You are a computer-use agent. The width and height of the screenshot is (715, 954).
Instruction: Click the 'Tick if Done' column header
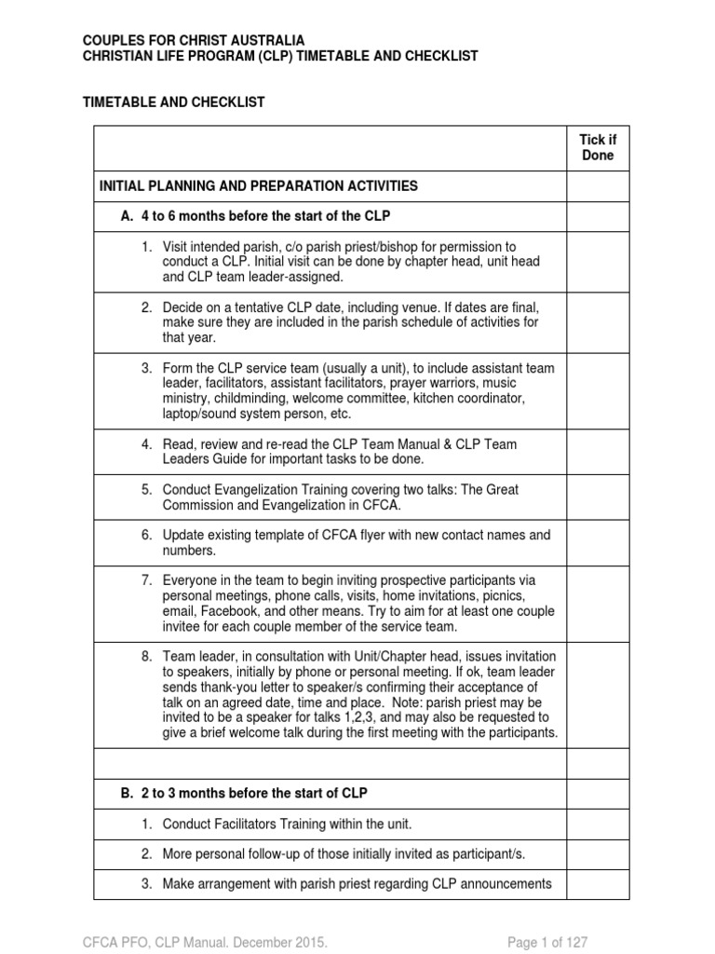tap(598, 147)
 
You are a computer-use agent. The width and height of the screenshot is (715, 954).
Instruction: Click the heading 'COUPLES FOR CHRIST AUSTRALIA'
tap(194, 41)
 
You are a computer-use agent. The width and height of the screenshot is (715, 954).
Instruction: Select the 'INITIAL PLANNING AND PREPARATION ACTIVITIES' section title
tap(259, 186)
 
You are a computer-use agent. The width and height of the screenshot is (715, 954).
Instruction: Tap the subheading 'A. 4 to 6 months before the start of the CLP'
tap(256, 216)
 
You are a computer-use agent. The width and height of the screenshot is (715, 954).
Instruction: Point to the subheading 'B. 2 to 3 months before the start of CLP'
tap(245, 794)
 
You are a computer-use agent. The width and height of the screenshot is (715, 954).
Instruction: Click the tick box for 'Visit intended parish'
tap(598, 262)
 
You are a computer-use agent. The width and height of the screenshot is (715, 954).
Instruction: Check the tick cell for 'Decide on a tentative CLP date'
tap(598, 322)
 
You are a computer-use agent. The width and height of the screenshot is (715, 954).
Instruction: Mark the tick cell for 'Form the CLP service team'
tap(598, 391)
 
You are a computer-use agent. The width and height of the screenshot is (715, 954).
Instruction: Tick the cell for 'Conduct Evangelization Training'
tap(598, 497)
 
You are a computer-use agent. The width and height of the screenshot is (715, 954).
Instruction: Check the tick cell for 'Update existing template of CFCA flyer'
tap(598, 542)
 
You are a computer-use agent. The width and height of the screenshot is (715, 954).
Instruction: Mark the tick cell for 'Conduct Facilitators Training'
tap(598, 824)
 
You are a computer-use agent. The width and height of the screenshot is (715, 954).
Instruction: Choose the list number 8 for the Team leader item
tap(146, 656)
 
